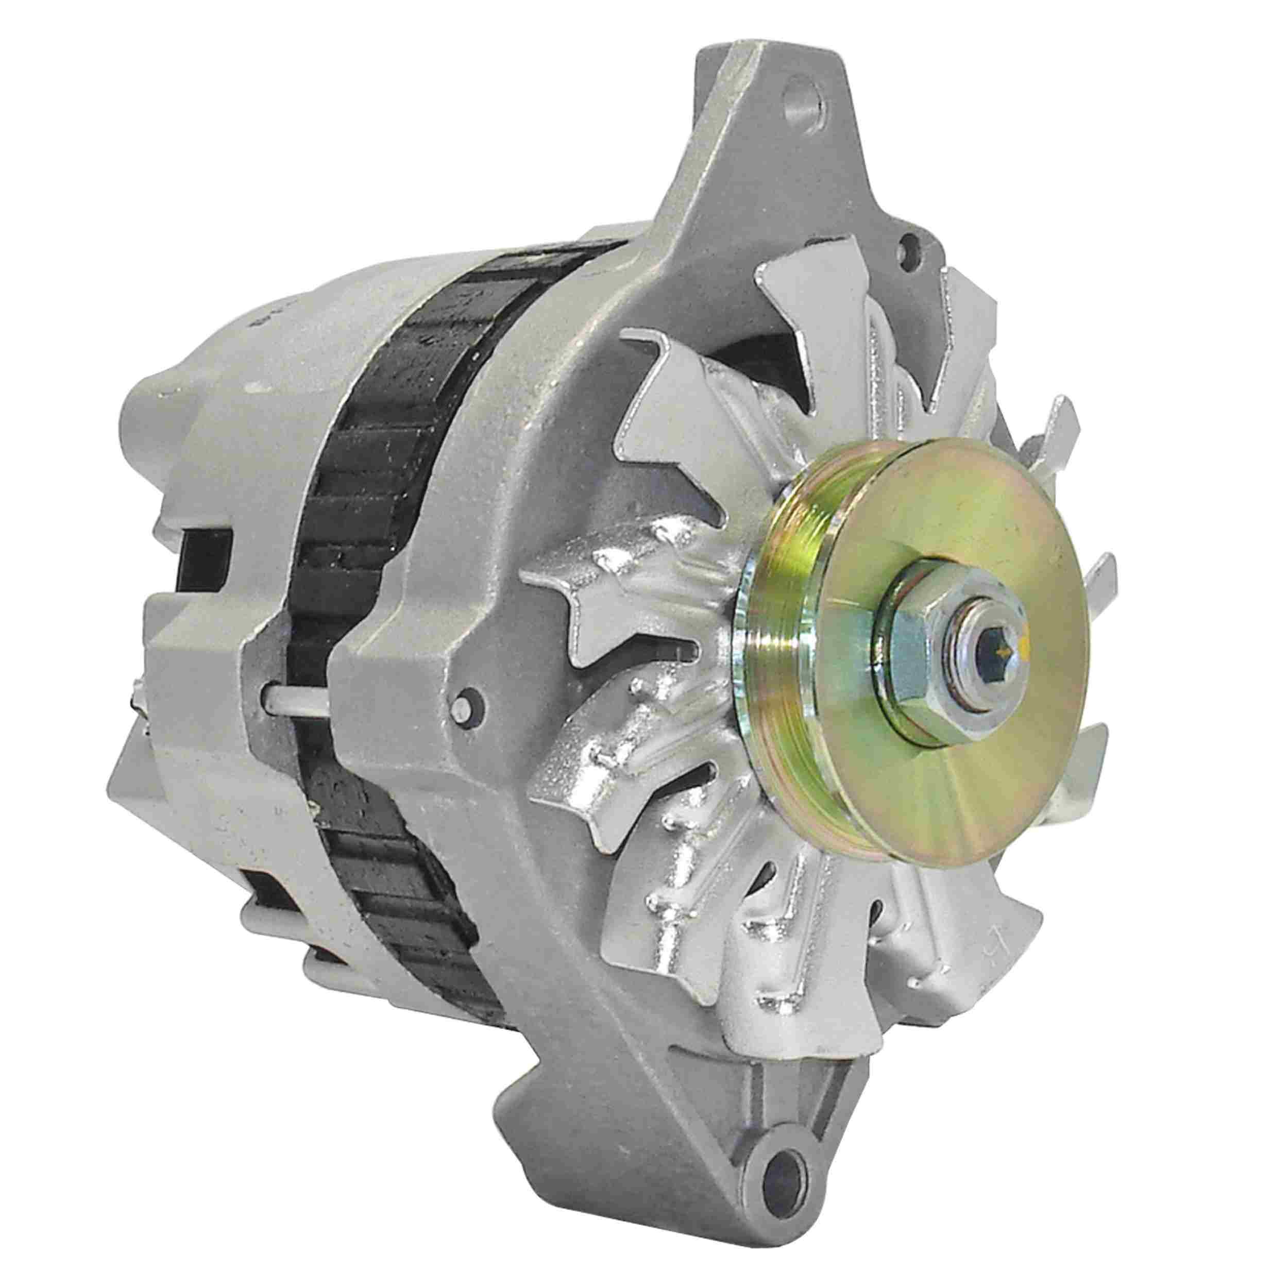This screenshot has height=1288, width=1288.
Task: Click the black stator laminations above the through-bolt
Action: [374, 467]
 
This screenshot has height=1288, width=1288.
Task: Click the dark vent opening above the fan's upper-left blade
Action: [760, 360]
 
